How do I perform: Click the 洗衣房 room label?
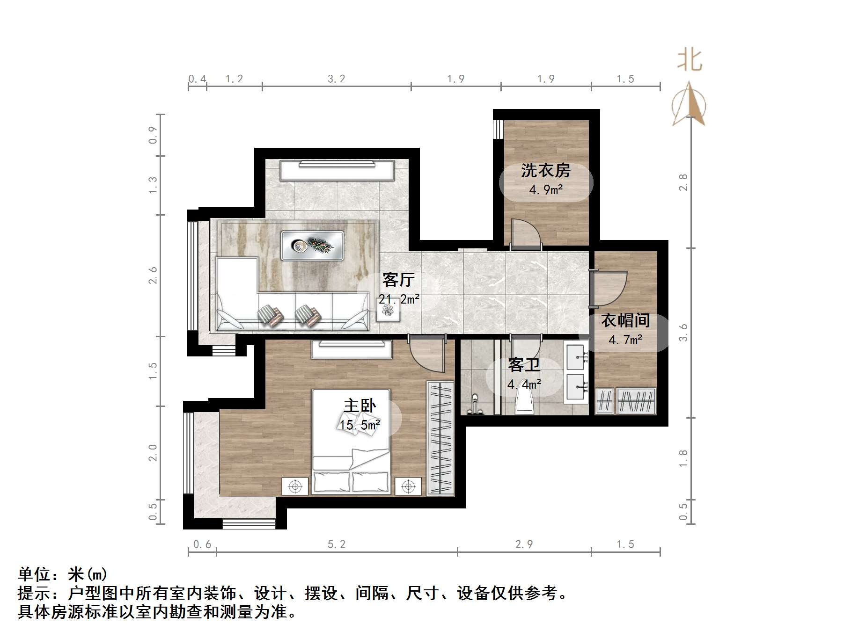546,171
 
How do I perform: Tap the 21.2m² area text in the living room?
399,299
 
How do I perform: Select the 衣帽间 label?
625,320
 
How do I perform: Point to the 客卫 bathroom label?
524,365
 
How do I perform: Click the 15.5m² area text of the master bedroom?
359,425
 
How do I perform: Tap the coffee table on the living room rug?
312,245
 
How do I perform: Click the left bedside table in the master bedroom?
295,486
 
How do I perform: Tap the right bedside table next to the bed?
408,486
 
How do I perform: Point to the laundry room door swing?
525,233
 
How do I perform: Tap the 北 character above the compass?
690,61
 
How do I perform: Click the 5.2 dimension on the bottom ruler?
336,544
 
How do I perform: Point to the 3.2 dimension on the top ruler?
336,79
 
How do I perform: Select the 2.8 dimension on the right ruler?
683,182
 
